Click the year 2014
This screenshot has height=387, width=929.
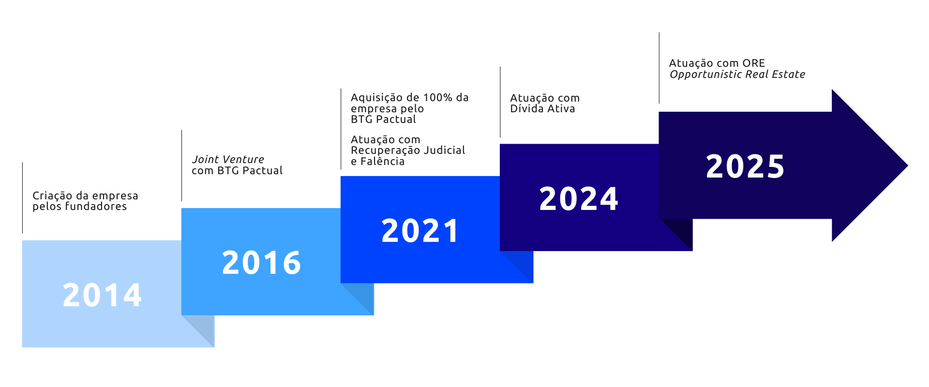(102, 295)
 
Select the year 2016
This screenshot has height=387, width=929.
(261, 263)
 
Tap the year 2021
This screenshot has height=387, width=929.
(420, 231)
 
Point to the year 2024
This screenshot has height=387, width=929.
(579, 199)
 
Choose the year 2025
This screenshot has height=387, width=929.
(745, 166)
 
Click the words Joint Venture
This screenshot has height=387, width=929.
(228, 159)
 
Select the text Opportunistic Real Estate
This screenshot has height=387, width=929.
(737, 74)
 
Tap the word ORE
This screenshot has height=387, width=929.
(754, 63)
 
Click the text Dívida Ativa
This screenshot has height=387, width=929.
(542, 109)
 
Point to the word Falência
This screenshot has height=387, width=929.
(382, 162)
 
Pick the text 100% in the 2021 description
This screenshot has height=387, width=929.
(437, 98)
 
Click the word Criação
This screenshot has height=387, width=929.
(52, 196)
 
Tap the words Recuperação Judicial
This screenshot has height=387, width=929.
(408, 150)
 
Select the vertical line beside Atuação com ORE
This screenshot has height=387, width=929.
(659, 68)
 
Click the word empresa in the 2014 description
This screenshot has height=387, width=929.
(115, 196)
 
